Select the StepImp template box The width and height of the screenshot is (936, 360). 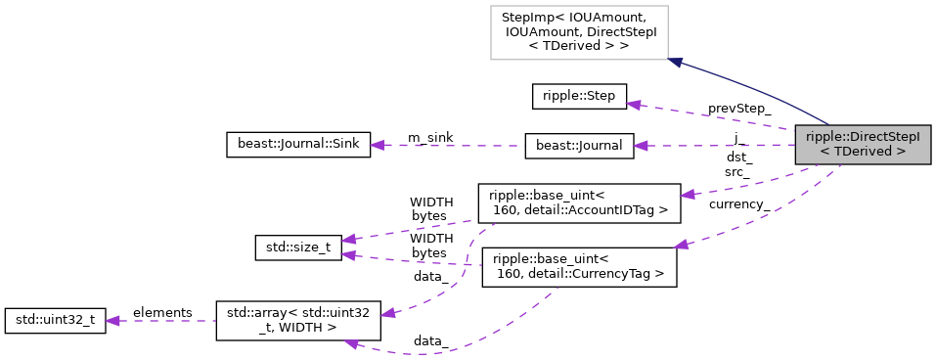[x=579, y=31]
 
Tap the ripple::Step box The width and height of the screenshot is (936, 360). [x=579, y=97]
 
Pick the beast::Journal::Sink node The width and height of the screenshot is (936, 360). [x=292, y=145]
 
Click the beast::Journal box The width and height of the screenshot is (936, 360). [x=579, y=146]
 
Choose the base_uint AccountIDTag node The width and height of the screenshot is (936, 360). [x=578, y=202]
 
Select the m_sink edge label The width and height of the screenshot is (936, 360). [x=430, y=136]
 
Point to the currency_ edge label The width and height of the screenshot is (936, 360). [x=738, y=204]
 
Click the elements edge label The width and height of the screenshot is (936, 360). [x=162, y=312]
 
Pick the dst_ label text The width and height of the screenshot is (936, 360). [x=738, y=157]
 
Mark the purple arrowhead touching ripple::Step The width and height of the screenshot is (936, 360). [x=634, y=103]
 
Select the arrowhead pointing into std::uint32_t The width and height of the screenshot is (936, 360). [x=111, y=320]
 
